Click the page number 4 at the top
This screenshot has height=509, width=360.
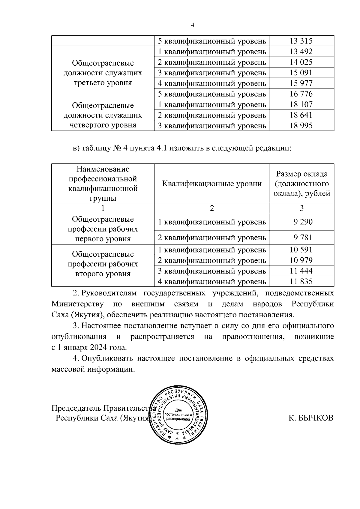pyautogui.click(x=193, y=25)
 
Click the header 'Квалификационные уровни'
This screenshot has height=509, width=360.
pyautogui.click(x=212, y=184)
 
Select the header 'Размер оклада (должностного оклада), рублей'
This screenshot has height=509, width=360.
pyautogui.click(x=301, y=184)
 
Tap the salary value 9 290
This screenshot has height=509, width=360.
pyautogui.click(x=303, y=222)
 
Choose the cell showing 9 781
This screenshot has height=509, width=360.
pyautogui.click(x=303, y=238)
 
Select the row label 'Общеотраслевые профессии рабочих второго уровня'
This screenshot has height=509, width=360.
pyautogui.click(x=103, y=264)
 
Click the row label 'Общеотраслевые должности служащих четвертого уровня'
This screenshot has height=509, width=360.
pyautogui.click(x=103, y=115)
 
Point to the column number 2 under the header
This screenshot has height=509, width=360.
pyautogui.click(x=212, y=208)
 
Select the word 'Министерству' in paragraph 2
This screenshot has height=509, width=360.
pyautogui.click(x=78, y=304)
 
